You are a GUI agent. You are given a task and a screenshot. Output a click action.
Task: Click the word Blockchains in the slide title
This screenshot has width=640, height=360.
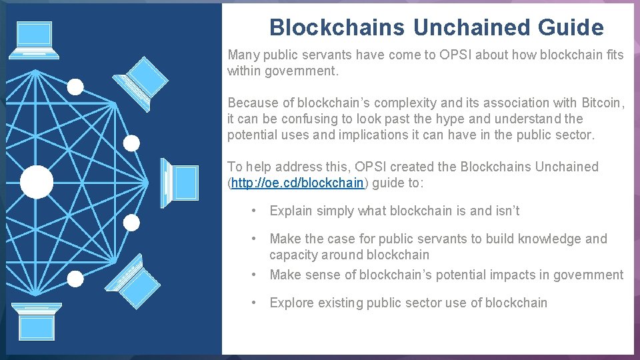[337, 27]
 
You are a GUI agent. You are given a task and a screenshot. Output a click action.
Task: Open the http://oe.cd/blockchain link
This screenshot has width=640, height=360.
[298, 183]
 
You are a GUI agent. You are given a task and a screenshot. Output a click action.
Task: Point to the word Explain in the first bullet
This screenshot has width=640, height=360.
[291, 211]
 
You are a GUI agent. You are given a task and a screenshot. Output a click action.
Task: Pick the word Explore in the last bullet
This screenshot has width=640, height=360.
[291, 303]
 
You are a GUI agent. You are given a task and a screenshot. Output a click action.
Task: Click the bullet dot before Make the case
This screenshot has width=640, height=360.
[254, 239]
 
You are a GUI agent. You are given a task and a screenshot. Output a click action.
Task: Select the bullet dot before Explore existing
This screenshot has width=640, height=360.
[254, 303]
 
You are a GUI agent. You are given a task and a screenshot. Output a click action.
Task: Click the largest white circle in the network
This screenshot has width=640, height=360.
[37, 182]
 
